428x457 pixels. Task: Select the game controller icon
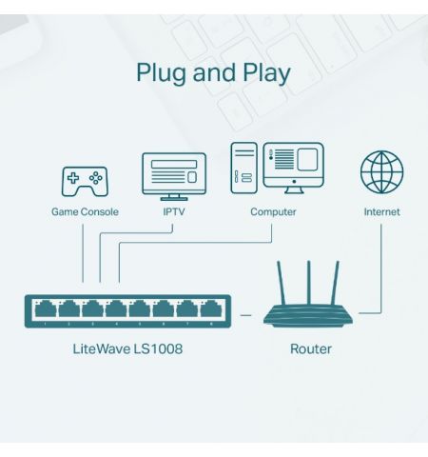coord(85,179)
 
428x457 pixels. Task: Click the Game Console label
coord(85,212)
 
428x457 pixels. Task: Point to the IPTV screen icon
coord(173,174)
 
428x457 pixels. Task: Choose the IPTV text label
coord(173,212)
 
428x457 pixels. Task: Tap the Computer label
coord(273,212)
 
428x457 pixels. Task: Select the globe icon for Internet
coord(381,172)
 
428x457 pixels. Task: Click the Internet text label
coord(381,212)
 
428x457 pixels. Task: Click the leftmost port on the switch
coord(45,309)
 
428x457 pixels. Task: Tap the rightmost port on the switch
coord(209,309)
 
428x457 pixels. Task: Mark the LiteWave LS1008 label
coord(127,349)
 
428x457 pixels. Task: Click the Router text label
coord(310,349)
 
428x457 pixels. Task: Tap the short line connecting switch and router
coord(245,312)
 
